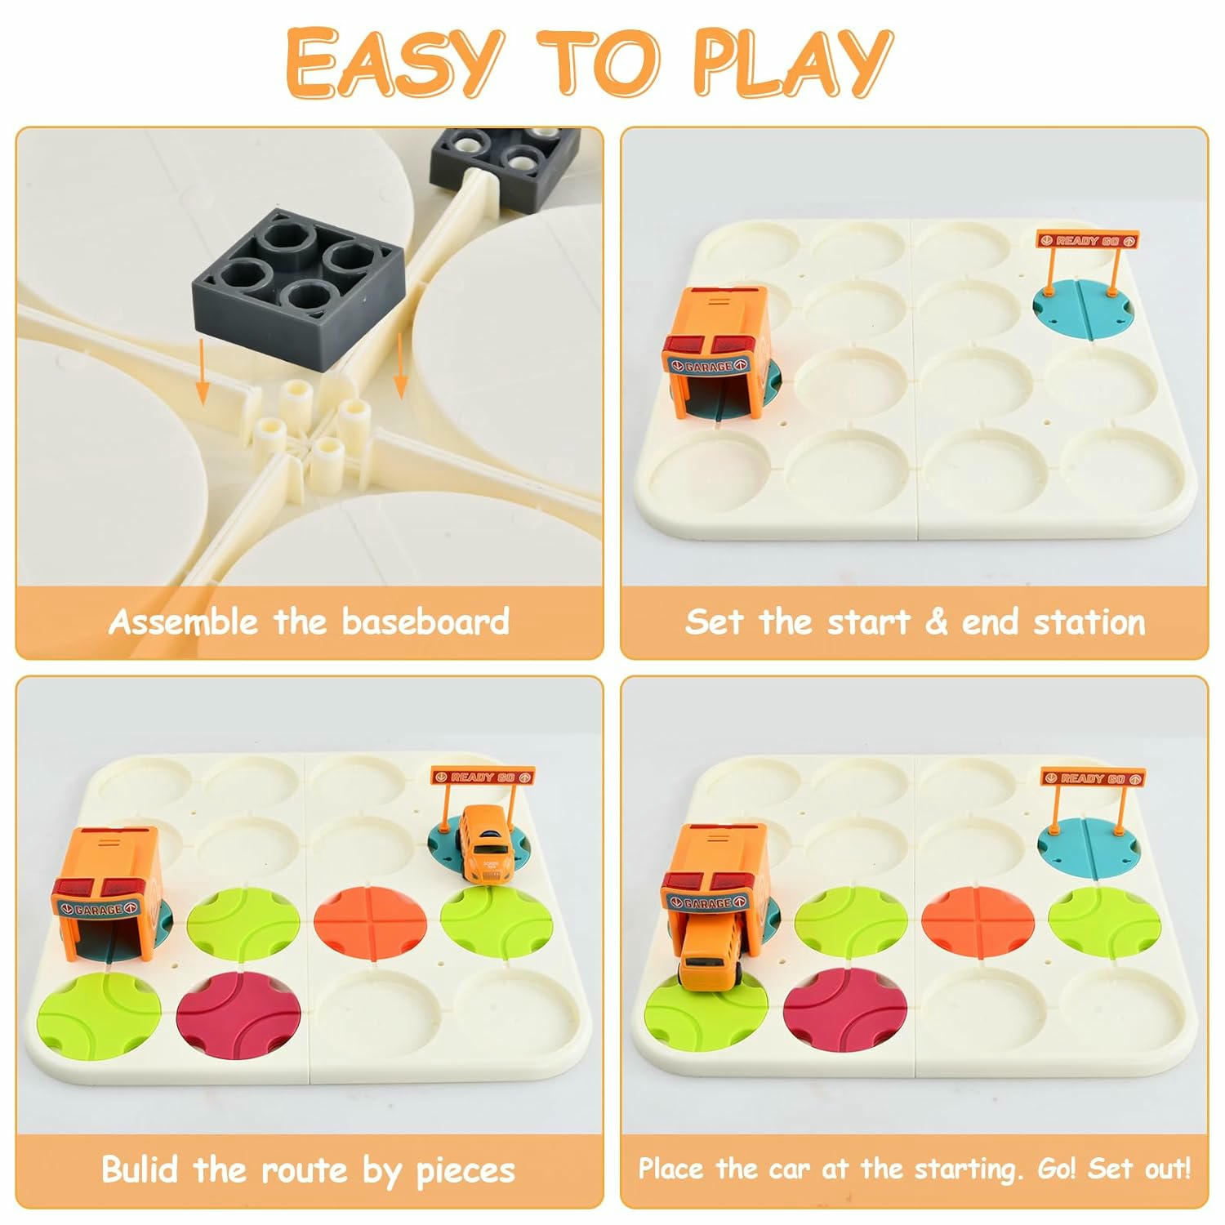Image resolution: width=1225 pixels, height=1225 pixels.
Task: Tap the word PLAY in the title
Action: click(x=792, y=63)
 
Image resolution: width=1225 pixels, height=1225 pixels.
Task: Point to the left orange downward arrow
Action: click(x=201, y=374)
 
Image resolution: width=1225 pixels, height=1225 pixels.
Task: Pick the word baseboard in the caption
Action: click(x=425, y=622)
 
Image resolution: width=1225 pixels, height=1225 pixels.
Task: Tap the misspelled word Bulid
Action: click(x=140, y=1169)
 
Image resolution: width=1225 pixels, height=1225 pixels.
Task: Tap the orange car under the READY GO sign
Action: click(x=487, y=844)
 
